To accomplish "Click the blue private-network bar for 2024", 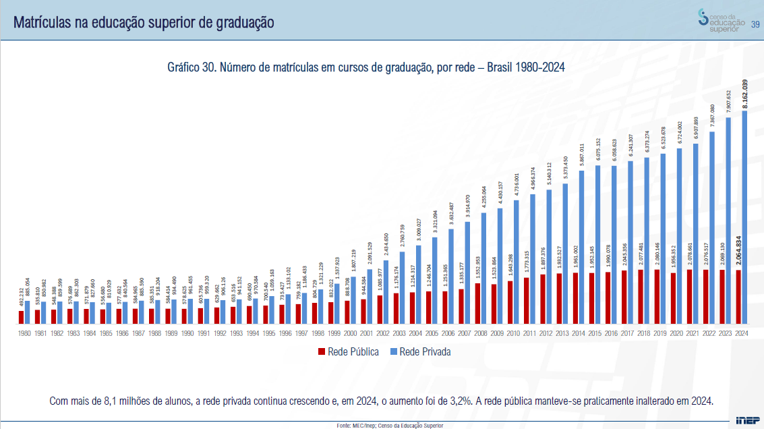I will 744,216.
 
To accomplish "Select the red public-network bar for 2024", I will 738,296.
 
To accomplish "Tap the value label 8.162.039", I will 744,94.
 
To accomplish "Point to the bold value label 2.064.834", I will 739,255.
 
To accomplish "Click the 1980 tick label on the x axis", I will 24,333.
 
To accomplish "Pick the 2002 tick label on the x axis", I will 383,333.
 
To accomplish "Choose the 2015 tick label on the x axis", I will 595,333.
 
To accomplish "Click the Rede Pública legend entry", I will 349,351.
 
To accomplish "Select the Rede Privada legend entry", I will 420,351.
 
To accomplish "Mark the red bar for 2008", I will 478,303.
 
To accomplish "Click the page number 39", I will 756,25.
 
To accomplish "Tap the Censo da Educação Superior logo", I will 722,21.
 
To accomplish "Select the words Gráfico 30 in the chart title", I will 192,67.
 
